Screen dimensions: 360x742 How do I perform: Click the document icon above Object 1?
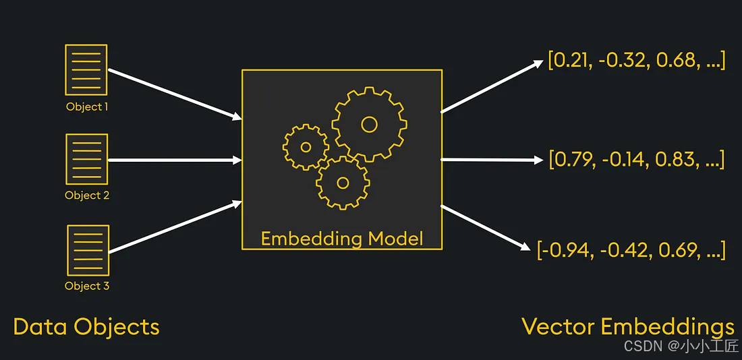point(86,69)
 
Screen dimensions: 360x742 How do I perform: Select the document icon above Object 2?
point(86,159)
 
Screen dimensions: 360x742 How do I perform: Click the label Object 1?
point(87,107)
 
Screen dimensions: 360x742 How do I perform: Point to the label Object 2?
point(87,196)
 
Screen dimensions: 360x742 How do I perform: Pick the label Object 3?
point(87,286)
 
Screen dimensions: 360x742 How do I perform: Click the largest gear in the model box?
point(369,124)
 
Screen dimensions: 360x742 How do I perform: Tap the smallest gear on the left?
point(306,146)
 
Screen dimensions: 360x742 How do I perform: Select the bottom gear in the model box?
point(343,182)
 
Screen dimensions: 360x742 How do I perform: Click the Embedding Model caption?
point(342,239)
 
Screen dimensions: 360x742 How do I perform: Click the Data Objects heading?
point(86,327)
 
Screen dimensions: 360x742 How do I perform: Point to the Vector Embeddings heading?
point(628,327)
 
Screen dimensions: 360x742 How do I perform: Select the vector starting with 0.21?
point(637,60)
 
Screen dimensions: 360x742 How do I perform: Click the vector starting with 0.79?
point(637,160)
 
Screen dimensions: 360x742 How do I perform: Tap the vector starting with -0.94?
point(631,251)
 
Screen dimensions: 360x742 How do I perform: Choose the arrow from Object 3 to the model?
point(174,227)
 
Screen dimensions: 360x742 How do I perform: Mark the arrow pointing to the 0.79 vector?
point(491,160)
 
